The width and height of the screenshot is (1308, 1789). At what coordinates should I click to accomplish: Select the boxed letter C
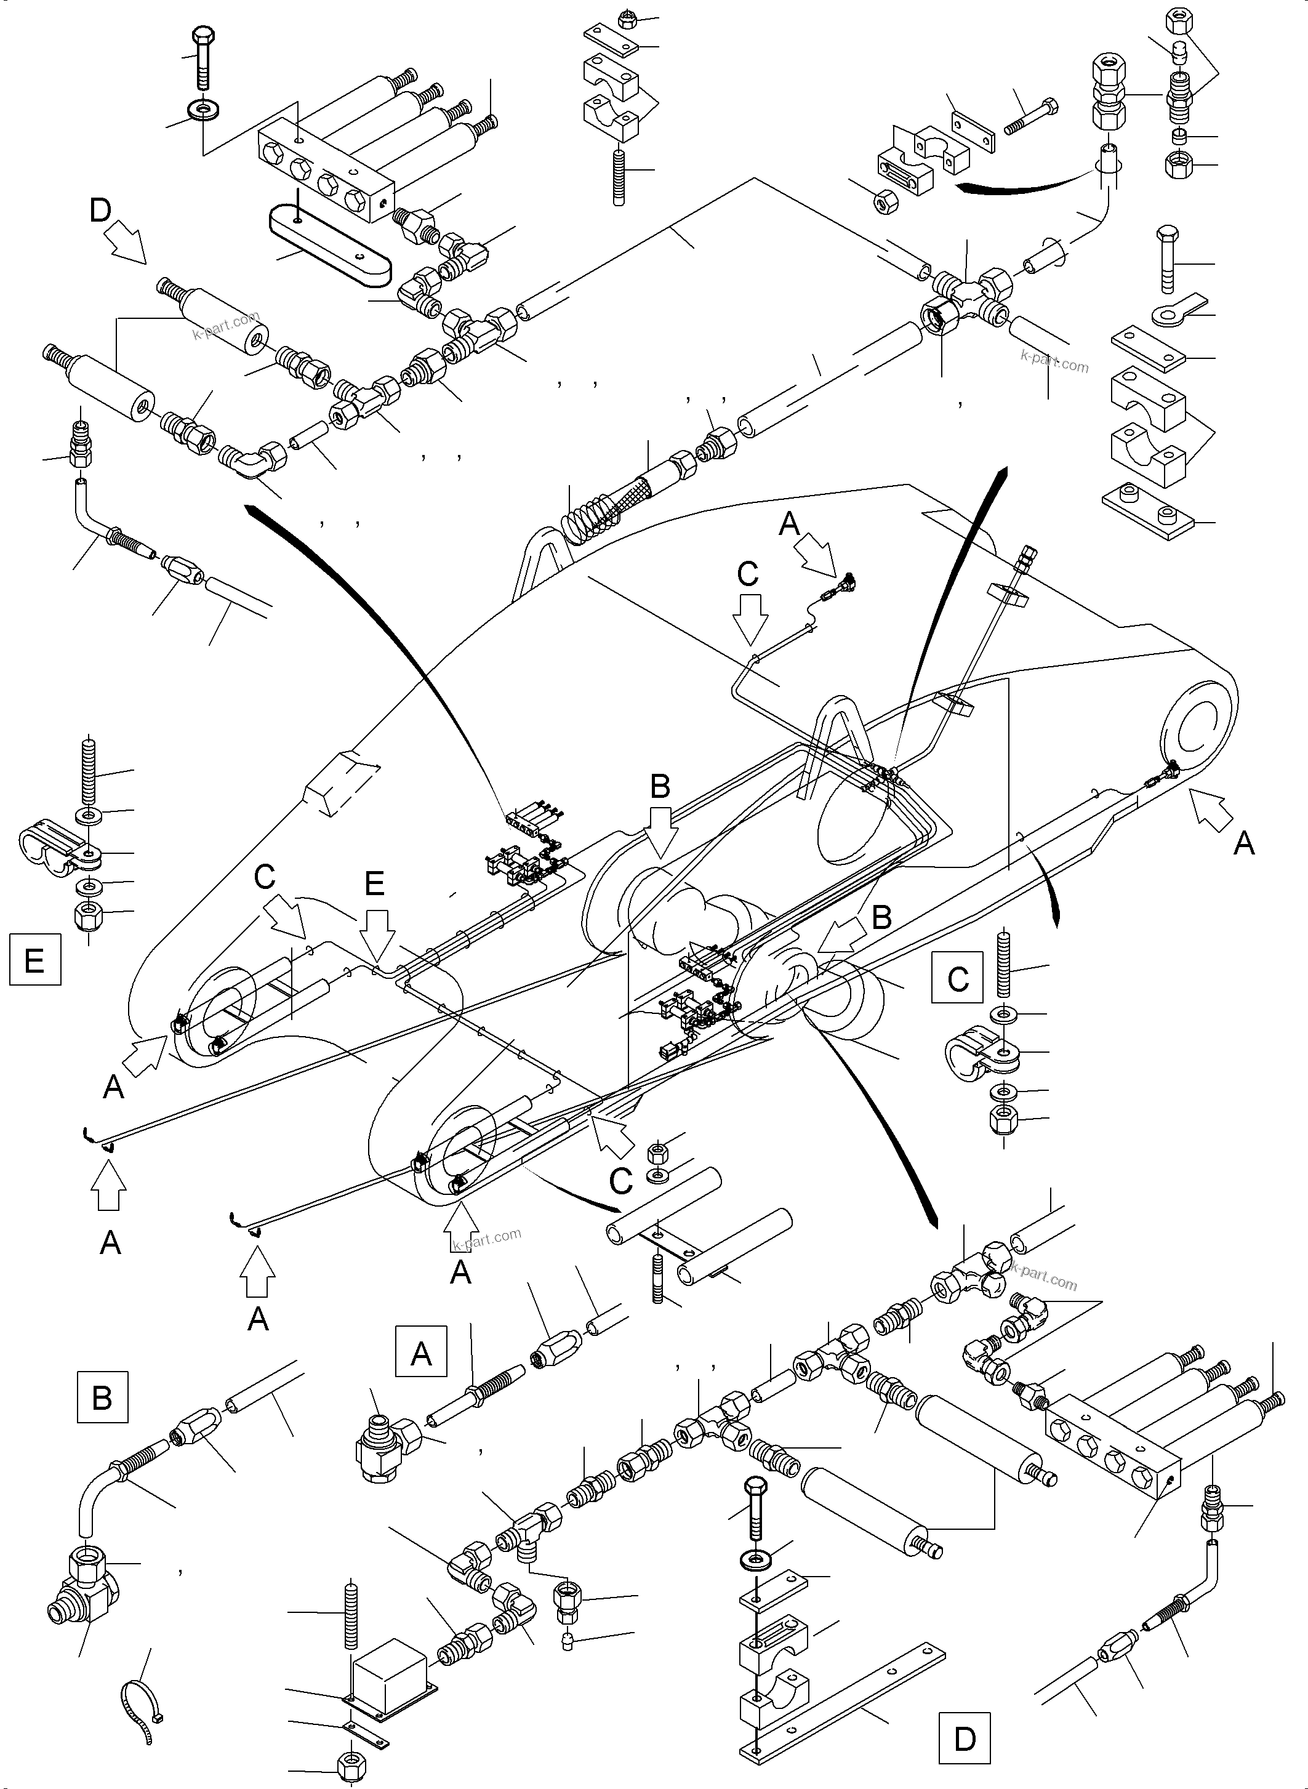[957, 978]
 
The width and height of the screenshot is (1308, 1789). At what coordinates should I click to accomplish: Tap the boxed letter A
[420, 1353]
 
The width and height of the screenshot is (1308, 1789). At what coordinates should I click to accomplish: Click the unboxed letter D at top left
[100, 211]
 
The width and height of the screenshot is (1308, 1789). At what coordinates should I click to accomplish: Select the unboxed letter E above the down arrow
[374, 882]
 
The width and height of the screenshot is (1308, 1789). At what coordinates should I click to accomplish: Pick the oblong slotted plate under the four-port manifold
[330, 245]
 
